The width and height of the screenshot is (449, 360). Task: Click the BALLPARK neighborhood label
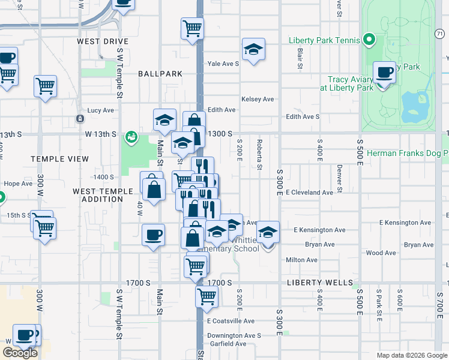160,74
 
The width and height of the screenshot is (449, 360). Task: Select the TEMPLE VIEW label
60,159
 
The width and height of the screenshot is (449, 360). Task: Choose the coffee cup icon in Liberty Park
384,73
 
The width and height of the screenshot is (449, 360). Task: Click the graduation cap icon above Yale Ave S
253,49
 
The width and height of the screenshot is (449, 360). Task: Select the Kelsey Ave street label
258,99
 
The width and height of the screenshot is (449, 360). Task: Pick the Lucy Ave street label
100,110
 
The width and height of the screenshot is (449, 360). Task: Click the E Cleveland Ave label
309,193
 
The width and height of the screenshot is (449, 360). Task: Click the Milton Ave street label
302,260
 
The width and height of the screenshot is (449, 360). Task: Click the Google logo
20,353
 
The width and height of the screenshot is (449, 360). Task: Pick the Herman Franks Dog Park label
407,154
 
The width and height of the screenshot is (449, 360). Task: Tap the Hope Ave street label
17,184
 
